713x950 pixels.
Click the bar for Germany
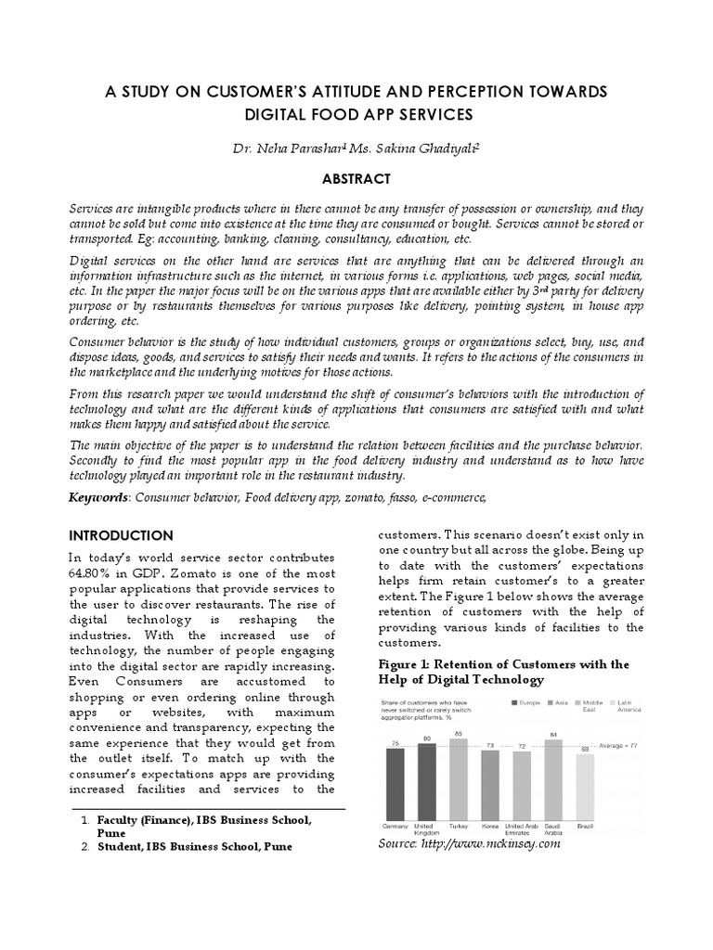pos(395,783)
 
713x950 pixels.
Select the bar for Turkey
pos(459,778)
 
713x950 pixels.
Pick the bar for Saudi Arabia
pos(553,779)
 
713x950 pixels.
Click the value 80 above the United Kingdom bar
pos(427,738)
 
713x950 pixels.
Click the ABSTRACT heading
pos(356,179)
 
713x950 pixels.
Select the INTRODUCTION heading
pos(122,535)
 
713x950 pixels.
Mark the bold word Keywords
pos(99,498)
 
